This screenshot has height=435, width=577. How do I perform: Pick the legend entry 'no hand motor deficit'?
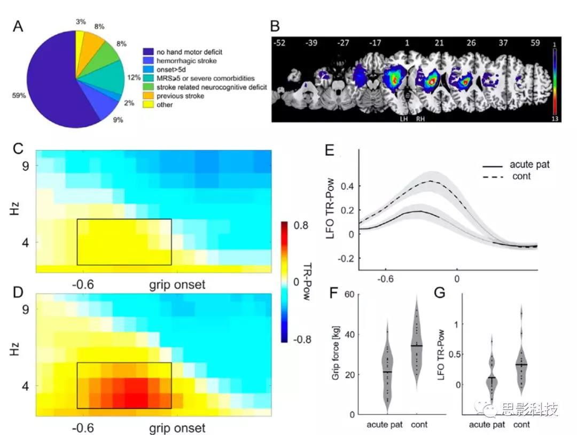point(190,52)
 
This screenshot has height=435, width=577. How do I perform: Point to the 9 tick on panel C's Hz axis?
point(25,165)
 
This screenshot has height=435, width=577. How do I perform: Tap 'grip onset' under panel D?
point(177,428)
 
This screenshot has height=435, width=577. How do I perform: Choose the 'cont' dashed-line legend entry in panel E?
point(520,176)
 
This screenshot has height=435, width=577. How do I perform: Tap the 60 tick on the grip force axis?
point(349,295)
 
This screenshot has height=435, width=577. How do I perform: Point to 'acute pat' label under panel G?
point(486,424)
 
